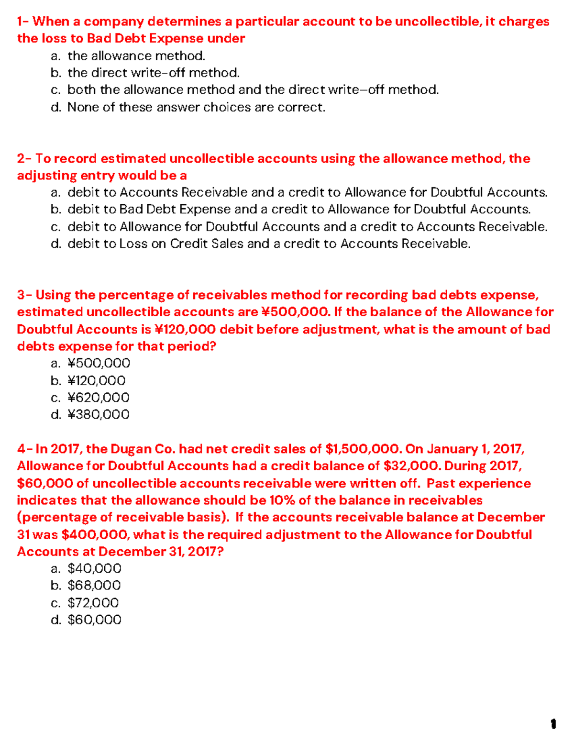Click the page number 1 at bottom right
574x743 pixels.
coord(553,724)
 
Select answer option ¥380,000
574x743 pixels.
coord(98,414)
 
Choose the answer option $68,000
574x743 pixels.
coord(94,585)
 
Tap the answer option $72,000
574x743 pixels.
coord(93,602)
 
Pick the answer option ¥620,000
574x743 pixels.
coord(98,398)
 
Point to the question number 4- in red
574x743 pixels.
coord(24,449)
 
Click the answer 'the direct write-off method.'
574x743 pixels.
coord(154,73)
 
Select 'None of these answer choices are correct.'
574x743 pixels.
coord(196,107)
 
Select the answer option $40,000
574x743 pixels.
coord(94,568)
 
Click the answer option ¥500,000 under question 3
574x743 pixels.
coord(99,363)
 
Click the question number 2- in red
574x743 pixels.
coord(24,158)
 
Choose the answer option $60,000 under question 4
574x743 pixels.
coord(94,620)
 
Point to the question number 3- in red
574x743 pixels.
coord(24,295)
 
